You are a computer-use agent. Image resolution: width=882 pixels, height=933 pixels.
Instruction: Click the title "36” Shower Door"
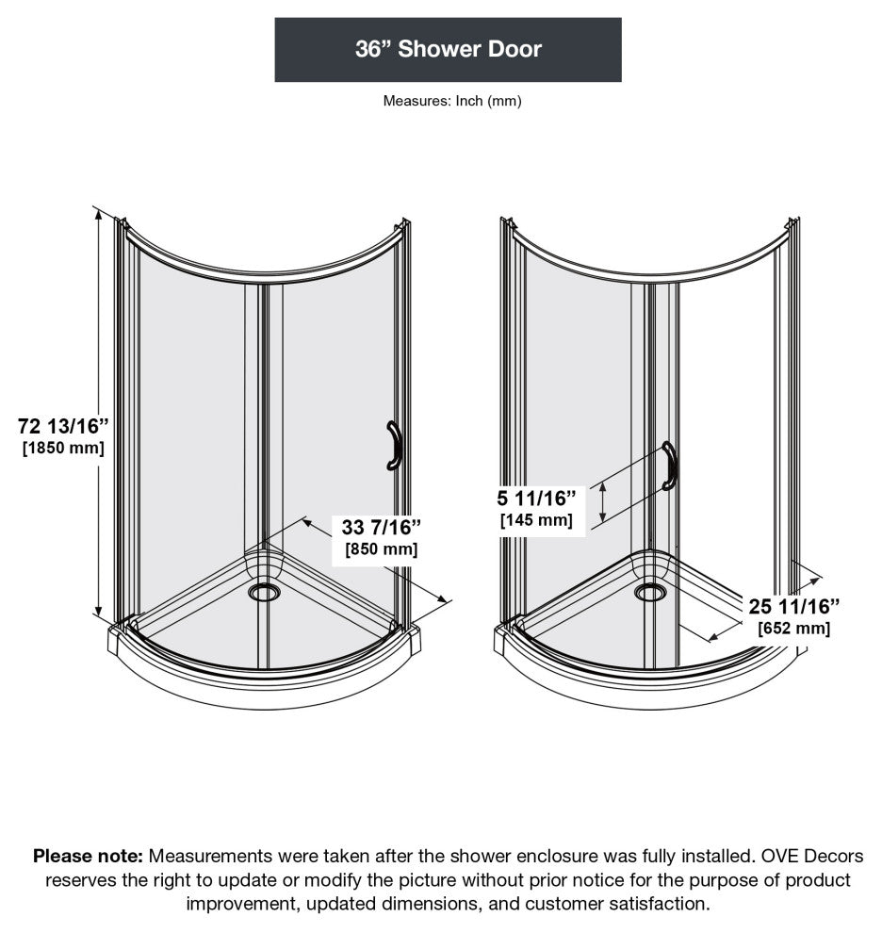click(x=448, y=50)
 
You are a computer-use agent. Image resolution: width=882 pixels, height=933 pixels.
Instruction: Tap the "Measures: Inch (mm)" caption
click(x=451, y=101)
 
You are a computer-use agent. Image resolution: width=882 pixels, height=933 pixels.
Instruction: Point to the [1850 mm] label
click(x=63, y=449)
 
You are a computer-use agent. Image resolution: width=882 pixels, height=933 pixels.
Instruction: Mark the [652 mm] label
click(x=793, y=628)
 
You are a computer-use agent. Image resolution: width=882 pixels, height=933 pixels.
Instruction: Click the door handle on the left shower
click(x=393, y=446)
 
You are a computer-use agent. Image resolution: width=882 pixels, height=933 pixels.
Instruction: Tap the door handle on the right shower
click(x=670, y=466)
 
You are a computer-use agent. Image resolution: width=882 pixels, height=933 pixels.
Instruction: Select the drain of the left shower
click(x=265, y=592)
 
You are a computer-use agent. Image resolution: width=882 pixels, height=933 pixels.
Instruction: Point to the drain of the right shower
click(x=649, y=592)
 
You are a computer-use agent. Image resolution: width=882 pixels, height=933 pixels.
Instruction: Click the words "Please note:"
click(x=88, y=857)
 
